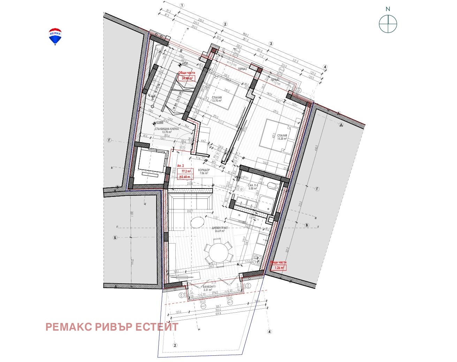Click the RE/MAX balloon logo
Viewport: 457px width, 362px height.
click(55, 37)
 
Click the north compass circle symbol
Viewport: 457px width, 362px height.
click(388, 24)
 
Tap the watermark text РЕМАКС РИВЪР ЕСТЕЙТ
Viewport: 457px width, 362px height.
click(112, 327)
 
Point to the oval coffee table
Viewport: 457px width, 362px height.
click(197, 222)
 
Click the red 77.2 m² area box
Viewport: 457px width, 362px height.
click(186, 171)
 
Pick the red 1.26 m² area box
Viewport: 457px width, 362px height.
click(280, 268)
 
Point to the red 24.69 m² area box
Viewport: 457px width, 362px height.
click(186, 78)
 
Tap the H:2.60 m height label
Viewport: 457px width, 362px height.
click(185, 177)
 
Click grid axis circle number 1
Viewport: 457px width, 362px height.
click(182, 5)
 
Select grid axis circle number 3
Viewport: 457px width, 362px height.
click(271, 44)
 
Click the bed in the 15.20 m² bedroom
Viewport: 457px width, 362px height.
click(279, 137)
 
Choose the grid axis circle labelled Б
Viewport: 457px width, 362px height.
click(115, 238)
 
